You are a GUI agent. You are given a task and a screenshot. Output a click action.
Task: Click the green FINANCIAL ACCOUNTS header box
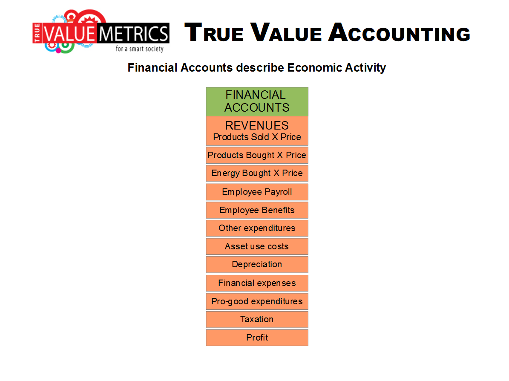coord(257,101)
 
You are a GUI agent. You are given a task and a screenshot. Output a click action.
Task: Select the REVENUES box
coord(257,130)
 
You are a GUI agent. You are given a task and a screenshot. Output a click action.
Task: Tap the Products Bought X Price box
coord(257,155)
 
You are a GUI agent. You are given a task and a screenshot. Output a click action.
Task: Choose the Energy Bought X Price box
coord(257,173)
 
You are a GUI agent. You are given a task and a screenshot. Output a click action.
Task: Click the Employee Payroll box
coord(257,192)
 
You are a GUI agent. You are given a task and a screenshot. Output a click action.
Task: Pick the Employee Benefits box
coord(257,210)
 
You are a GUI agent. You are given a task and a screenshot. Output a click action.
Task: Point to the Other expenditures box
coord(257,228)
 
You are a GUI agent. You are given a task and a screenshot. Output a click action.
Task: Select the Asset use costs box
coord(257,246)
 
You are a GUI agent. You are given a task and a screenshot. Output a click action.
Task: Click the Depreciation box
coord(257,265)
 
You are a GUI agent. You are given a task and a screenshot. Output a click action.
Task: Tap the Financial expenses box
coord(257,283)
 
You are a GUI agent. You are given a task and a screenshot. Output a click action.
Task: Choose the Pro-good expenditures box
coord(257,301)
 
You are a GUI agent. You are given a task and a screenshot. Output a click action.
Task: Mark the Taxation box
coord(257,320)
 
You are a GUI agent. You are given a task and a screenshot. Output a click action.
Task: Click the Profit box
coord(257,338)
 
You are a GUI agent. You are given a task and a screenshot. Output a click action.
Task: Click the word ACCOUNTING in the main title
coord(399,32)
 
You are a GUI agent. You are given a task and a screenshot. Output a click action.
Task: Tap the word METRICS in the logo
coord(133,34)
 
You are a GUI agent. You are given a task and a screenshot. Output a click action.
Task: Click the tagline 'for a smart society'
coord(140,49)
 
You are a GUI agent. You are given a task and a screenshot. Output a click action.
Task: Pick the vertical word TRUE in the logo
coord(37,33)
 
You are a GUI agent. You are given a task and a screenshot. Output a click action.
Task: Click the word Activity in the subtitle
coord(365,68)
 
